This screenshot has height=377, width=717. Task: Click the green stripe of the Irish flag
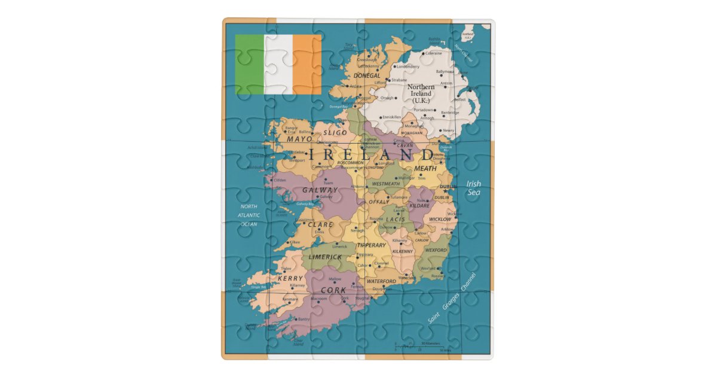click(250, 65)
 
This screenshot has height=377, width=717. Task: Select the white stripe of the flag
click(279, 65)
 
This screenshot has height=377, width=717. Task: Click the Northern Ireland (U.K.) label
click(421, 93)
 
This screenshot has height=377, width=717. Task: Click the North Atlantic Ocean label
click(249, 215)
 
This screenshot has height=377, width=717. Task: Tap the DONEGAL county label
click(367, 76)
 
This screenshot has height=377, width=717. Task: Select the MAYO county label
click(299, 139)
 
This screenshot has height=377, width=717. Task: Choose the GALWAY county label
click(320, 190)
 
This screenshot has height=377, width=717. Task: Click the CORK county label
click(333, 290)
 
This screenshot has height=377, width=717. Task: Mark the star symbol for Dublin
click(445, 191)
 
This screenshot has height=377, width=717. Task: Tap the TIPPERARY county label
click(371, 245)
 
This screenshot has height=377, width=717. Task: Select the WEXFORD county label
click(436, 250)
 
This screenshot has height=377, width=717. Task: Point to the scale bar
click(418, 346)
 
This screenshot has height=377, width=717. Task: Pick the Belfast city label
click(459, 100)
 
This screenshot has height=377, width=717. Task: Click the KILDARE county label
click(419, 205)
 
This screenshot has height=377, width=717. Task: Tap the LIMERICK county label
click(325, 257)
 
